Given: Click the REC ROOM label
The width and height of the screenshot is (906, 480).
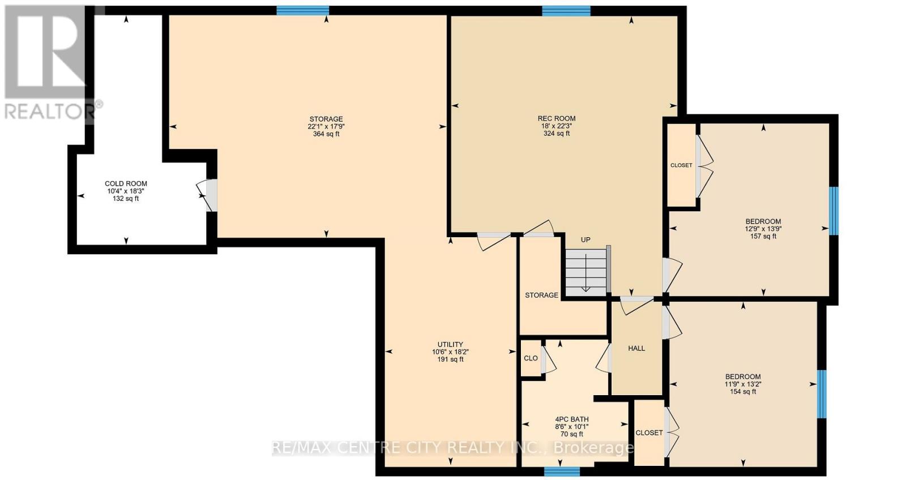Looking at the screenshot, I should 556,118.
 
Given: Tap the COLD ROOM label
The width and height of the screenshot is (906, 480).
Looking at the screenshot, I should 126,183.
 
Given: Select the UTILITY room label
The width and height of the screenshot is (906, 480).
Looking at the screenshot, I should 450,344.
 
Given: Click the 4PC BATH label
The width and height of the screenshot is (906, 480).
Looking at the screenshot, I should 571,419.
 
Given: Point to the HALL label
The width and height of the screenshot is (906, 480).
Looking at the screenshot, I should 636,348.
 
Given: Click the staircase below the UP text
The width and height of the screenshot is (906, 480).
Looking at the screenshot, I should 586,273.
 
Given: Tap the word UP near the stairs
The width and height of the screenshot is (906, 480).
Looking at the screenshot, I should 586,239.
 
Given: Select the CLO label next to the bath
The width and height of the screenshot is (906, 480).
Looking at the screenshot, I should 531,358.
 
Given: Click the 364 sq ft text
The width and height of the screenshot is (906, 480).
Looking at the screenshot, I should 326,134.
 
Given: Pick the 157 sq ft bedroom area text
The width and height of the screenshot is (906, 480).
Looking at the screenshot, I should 763,236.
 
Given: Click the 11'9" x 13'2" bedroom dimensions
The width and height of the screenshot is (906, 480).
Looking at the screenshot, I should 743,384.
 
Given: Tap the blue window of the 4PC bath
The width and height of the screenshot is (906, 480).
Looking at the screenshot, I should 562,471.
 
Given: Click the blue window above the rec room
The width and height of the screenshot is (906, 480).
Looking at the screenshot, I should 566,11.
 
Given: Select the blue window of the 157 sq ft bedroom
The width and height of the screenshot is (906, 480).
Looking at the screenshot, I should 834,211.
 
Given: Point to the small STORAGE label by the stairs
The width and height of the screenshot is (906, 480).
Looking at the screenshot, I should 541,295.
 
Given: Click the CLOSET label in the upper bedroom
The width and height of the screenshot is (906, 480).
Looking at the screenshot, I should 681,165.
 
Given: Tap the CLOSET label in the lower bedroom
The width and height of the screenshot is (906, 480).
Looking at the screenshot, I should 649,432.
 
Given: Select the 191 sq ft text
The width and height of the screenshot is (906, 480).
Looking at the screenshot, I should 450,359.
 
